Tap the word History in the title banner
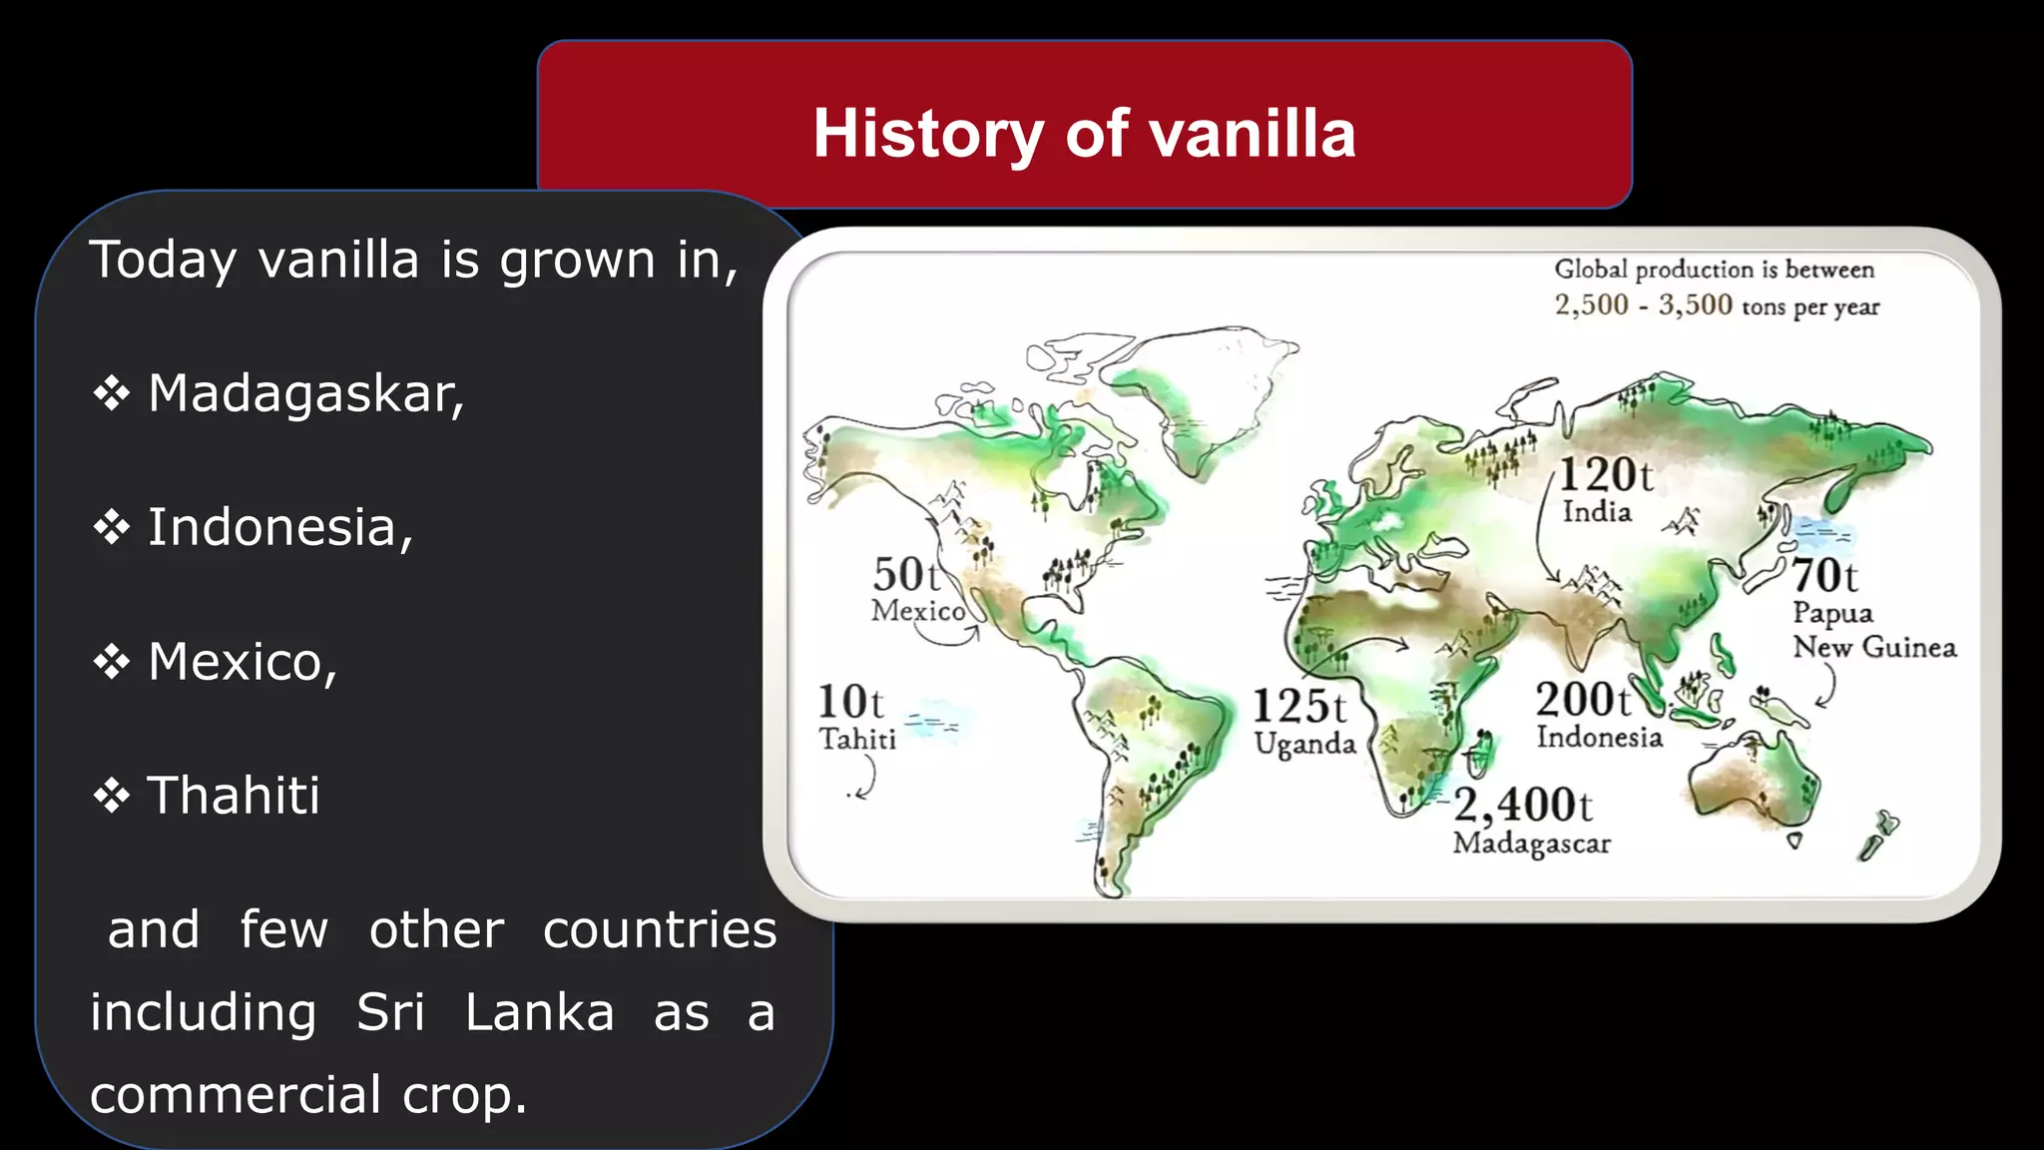[x=928, y=134]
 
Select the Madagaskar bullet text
[x=305, y=393]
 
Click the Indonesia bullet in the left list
[x=279, y=527]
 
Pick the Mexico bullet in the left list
[x=243, y=661]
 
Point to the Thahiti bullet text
[x=234, y=795]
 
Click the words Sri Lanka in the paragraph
[x=485, y=1012]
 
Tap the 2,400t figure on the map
[x=1523, y=804]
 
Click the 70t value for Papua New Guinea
[x=1824, y=576]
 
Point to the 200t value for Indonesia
[x=1583, y=700]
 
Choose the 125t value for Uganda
[x=1299, y=707]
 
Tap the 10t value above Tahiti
[x=850, y=702]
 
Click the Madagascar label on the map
[x=1532, y=844]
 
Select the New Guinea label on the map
[x=1874, y=647]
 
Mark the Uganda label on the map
[x=1304, y=744]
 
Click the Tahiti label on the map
[x=857, y=739]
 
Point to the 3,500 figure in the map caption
[x=1695, y=304]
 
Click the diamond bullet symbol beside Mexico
[x=112, y=661]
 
